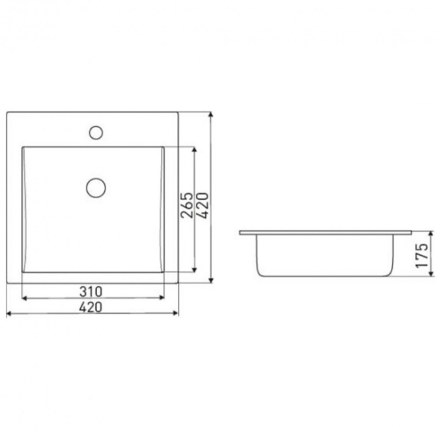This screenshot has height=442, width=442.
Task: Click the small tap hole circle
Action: pos(96,132)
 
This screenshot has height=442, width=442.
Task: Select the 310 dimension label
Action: pos(91,291)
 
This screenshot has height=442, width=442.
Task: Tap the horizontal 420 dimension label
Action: pos(91,308)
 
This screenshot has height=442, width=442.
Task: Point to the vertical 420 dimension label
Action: pos(202,206)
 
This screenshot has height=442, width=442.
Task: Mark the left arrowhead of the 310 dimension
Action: pos(24,298)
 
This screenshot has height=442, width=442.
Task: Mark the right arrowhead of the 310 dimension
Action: pos(162,298)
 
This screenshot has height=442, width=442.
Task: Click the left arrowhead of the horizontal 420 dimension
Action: pos(8,314)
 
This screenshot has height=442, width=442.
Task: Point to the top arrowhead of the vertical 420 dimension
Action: pos(210,115)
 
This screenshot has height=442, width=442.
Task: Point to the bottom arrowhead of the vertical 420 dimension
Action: pos(210,282)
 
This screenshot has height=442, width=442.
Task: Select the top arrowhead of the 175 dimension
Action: pos(431,233)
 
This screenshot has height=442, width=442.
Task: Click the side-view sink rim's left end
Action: pos(241,233)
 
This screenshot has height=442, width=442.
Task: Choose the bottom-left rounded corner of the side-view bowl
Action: pos(260,272)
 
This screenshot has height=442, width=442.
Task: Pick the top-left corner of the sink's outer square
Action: pos(6,112)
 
